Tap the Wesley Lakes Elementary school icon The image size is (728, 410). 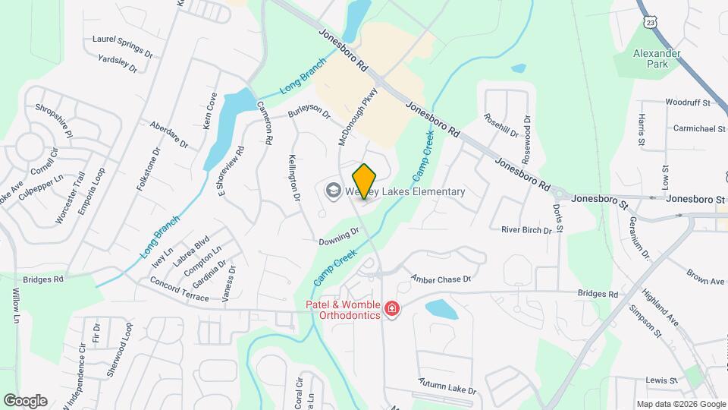pos(332,191)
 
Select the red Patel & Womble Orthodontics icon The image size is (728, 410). pos(391,308)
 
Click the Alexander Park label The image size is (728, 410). pos(657,58)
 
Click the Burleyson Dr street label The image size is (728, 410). pos(309,114)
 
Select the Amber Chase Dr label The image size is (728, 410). pos(441,279)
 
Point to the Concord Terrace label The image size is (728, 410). pos(179,291)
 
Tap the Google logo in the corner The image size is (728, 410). pos(25,400)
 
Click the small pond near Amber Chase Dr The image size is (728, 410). pos(441,309)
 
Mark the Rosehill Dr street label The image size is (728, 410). pos(500,127)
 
